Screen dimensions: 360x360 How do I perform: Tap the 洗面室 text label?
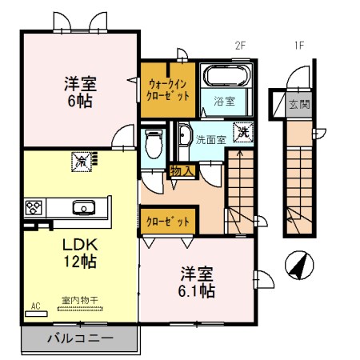point(210,139)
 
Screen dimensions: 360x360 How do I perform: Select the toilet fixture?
point(154,145)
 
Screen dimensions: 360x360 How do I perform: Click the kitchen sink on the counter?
point(82,208)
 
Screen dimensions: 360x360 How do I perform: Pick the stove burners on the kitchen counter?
point(34,209)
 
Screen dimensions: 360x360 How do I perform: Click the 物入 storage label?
point(180,170)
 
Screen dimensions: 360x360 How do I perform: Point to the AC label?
point(35,306)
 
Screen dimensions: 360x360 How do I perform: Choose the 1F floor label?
point(298,46)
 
